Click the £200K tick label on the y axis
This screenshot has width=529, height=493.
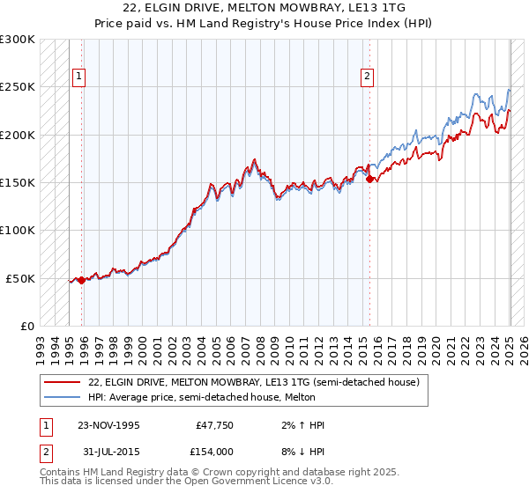(x=18, y=136)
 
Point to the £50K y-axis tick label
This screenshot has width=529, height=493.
(x=20, y=278)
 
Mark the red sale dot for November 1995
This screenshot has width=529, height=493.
(x=82, y=280)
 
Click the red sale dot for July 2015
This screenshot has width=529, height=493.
(x=370, y=180)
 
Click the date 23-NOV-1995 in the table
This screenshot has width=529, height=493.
(x=109, y=425)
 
